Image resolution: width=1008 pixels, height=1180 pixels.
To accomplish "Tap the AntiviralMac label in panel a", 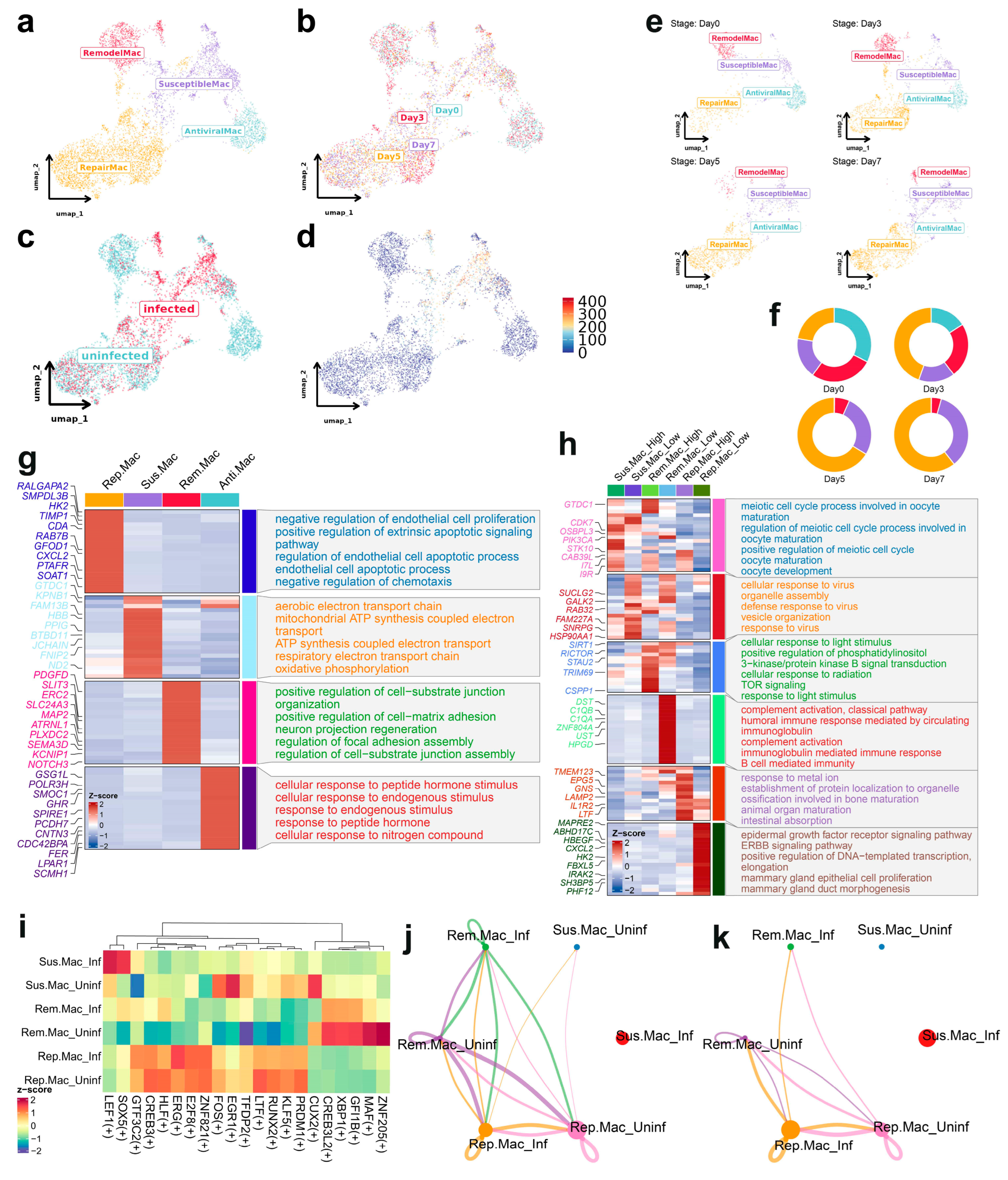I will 213,131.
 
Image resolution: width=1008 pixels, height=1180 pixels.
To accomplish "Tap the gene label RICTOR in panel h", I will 576,653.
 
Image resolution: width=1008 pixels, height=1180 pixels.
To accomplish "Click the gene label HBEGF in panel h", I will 578,840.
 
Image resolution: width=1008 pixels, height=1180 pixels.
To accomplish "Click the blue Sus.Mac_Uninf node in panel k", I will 881,947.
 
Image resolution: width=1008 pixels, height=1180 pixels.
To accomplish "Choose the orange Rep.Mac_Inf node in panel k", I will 790,1129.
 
